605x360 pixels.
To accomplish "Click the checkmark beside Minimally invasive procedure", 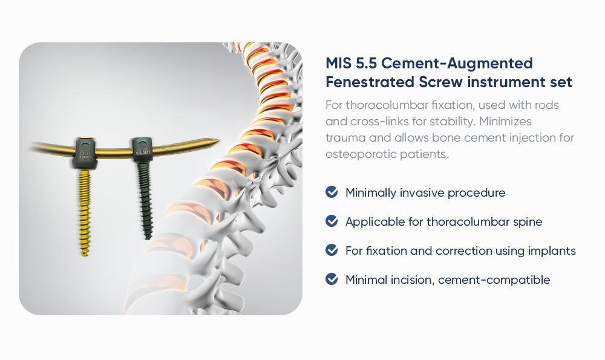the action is click(x=332, y=192).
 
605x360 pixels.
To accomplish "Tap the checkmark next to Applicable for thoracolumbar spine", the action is click(x=332, y=221).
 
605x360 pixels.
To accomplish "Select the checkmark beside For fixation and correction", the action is click(x=332, y=250).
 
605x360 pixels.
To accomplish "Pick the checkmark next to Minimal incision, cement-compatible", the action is click(x=332, y=278).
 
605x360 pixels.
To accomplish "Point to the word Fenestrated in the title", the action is click(x=370, y=82).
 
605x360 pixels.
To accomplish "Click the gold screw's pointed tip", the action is click(x=85, y=254).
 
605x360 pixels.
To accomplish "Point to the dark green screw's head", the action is click(x=143, y=148).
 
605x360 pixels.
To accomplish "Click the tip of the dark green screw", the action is click(x=148, y=238).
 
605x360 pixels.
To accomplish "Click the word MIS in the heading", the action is click(x=338, y=64).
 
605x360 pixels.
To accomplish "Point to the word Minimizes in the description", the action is click(x=505, y=121).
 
